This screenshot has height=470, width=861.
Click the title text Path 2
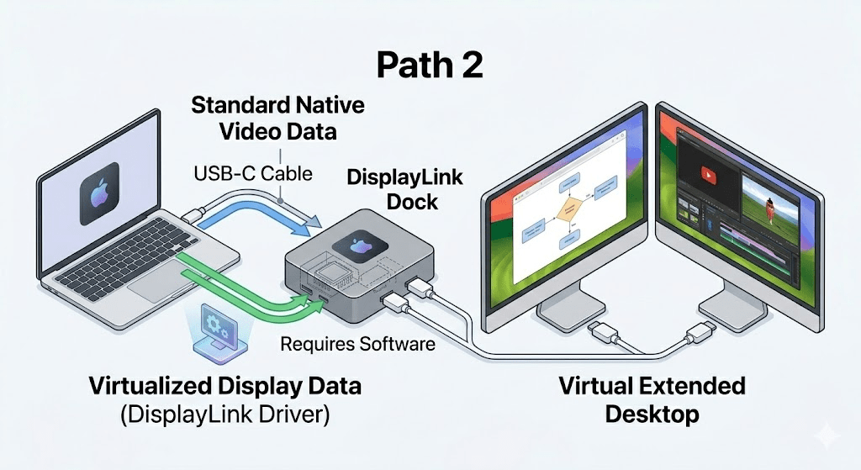430,65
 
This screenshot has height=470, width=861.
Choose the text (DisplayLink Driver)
224,415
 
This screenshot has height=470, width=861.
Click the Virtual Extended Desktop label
652,399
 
